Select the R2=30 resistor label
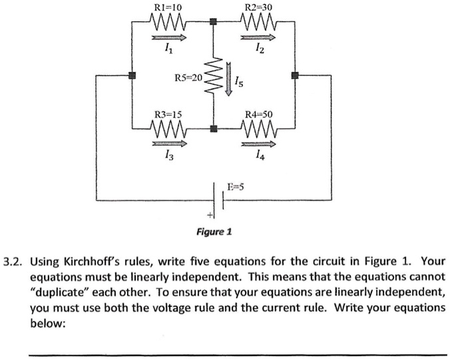258,7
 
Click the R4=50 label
259,113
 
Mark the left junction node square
132,76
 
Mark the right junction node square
294,76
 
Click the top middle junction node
213,22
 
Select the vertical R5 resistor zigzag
214,77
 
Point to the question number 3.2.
14,261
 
